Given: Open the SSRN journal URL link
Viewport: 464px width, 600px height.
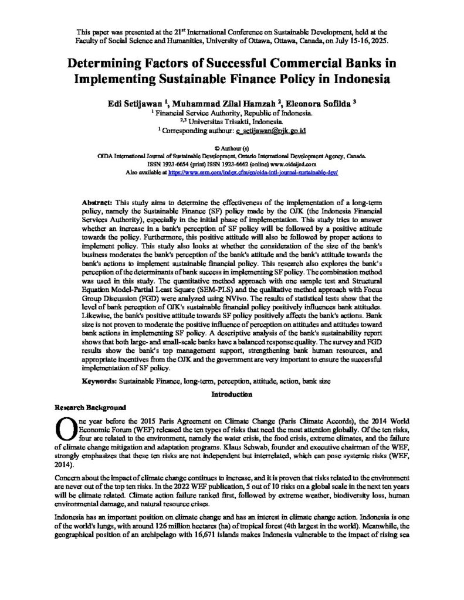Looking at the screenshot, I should pos(253,173).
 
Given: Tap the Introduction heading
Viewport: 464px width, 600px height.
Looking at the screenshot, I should pos(232,394).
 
